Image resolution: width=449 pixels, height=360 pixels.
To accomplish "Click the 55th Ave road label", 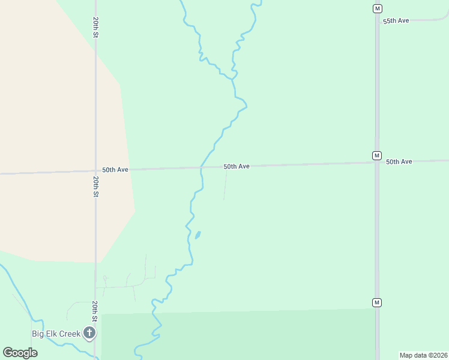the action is [396, 21].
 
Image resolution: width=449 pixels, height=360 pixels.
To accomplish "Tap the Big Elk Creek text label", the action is [56, 334].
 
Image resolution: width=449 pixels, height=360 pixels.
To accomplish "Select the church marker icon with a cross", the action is [89, 332].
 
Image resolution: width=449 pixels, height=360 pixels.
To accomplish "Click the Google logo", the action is [20, 352].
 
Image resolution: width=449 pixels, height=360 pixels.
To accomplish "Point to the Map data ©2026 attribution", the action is [424, 355].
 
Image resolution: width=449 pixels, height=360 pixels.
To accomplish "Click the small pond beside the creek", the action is [197, 235].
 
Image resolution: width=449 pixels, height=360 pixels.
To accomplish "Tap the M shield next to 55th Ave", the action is [376, 8].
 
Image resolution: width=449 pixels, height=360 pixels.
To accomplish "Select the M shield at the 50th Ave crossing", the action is [376, 155].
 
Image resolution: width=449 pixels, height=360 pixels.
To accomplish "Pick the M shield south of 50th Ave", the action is [376, 302].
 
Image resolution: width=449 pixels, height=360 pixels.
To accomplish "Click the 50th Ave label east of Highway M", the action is [399, 162].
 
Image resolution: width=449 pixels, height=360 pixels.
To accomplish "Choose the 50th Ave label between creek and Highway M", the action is [237, 166].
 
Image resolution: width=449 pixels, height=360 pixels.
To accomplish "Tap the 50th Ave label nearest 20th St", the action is [115, 170].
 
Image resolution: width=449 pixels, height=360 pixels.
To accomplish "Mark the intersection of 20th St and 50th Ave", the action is [95, 171].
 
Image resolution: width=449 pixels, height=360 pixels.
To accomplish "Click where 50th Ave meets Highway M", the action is [377, 163].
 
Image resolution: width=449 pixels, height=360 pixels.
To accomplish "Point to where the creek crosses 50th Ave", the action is [202, 167].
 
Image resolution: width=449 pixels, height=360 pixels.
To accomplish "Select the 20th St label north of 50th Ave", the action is [95, 27].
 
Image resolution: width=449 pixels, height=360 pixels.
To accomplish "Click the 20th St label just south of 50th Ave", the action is [95, 187].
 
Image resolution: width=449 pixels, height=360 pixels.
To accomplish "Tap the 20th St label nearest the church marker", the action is [95, 311].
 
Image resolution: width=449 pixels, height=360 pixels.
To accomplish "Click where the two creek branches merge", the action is [233, 77].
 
